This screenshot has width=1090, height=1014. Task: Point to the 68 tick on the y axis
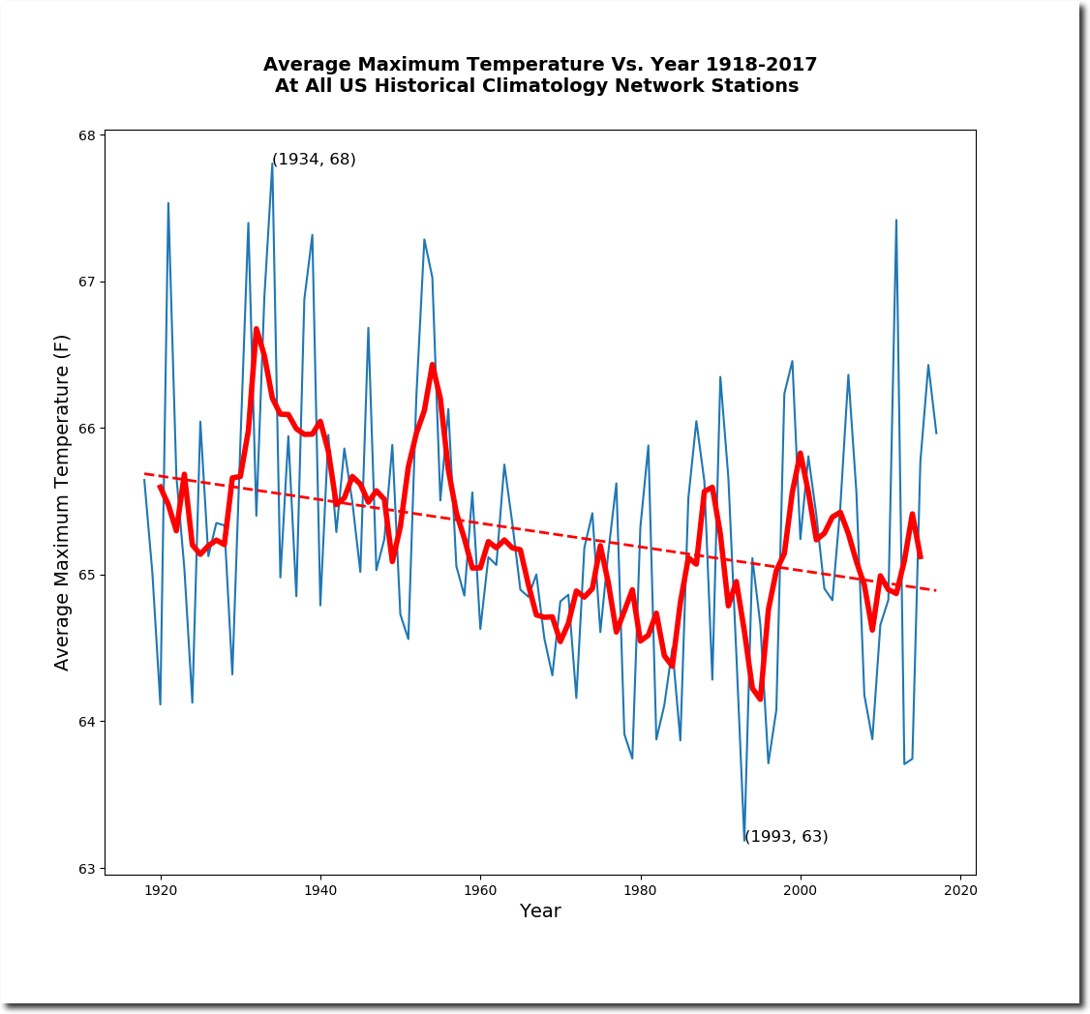(x=88, y=135)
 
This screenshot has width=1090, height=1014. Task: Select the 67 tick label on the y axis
(x=88, y=283)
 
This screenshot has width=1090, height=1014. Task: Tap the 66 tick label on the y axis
(x=88, y=429)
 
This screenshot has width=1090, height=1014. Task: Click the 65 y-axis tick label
(x=88, y=576)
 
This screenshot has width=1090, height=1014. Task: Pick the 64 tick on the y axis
(x=88, y=722)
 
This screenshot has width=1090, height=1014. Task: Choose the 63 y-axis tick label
(x=88, y=869)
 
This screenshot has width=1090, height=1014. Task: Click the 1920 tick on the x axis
(x=161, y=889)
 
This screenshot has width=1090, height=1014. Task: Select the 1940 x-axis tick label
(x=320, y=889)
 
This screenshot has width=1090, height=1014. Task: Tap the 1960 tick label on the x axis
(x=480, y=889)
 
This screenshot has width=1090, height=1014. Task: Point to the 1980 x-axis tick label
(x=640, y=889)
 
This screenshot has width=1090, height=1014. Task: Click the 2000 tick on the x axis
(x=801, y=889)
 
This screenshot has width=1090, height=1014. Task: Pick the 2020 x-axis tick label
(x=960, y=889)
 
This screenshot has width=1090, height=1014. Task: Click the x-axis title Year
(x=540, y=911)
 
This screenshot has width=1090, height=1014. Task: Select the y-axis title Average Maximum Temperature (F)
(x=63, y=501)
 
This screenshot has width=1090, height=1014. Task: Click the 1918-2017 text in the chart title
(x=761, y=65)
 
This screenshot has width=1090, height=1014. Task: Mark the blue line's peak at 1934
(x=272, y=163)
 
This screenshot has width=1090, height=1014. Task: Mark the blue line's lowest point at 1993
(x=744, y=840)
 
